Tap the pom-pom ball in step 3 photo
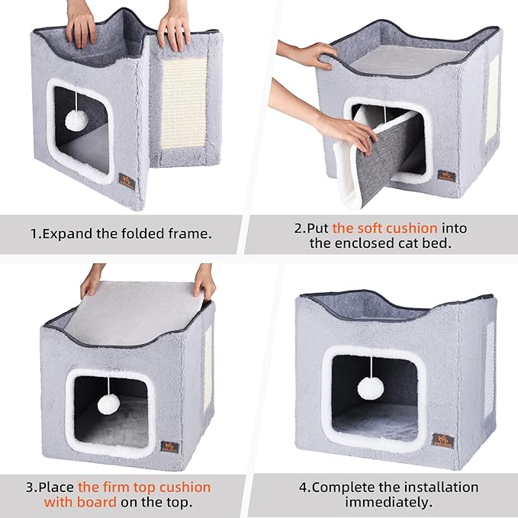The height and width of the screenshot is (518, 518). tap(108, 404)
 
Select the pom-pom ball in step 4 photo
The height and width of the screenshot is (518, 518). tap(371, 388)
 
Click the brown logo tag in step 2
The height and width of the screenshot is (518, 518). tap(446, 176)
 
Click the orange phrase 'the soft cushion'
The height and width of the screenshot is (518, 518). tap(384, 227)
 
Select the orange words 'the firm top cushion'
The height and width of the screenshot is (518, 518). tap(144, 486)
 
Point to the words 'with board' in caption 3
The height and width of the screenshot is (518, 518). tap(81, 502)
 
